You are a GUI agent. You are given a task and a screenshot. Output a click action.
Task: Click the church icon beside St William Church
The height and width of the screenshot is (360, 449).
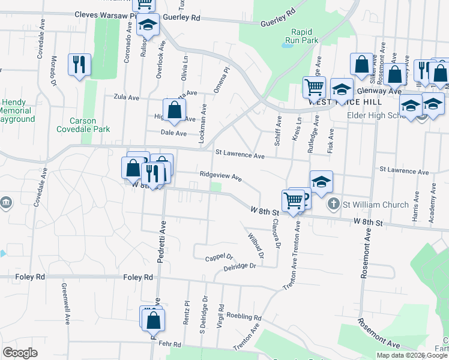click(334, 205)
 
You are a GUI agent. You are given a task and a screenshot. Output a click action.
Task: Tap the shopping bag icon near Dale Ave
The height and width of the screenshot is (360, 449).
click(174, 110)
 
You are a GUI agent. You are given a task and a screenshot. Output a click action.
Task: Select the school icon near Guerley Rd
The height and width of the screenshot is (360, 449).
click(146, 26)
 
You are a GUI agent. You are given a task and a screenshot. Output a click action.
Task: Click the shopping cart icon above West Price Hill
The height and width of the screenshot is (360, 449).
click(314, 88)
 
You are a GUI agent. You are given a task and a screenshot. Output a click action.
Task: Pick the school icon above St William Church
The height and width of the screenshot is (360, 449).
click(321, 182)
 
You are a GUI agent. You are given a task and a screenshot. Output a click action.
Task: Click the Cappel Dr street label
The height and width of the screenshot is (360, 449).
click(218, 257)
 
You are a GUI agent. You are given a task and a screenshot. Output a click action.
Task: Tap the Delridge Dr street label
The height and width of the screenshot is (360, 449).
click(240, 266)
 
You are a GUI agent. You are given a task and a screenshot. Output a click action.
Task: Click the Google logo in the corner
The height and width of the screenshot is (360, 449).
click(20, 352)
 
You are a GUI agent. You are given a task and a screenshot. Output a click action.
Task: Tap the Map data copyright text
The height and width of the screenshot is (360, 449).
click(411, 355)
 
